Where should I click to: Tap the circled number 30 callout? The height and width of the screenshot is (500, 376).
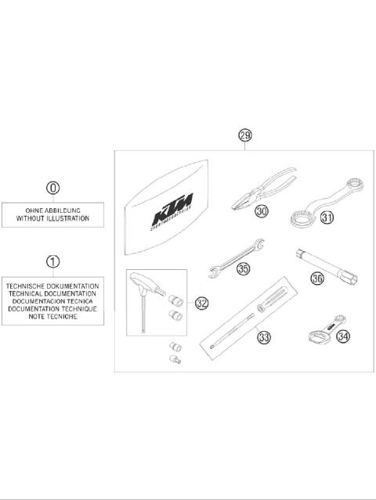tap(261, 211)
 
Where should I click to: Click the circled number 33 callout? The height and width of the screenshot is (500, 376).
tap(263, 338)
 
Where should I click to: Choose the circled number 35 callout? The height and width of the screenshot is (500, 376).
tap(244, 268)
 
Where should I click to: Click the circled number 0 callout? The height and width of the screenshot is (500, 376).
tap(52, 188)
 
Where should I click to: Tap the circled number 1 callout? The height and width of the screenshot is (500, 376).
tap(52, 261)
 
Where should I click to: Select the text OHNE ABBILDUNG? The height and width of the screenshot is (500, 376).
tap(52, 211)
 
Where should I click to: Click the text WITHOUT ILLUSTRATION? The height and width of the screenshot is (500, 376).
tap(52, 220)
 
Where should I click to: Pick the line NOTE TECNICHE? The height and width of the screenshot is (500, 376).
tap(52, 318)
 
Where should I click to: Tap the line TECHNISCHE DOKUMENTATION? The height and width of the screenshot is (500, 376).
tap(52, 286)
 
